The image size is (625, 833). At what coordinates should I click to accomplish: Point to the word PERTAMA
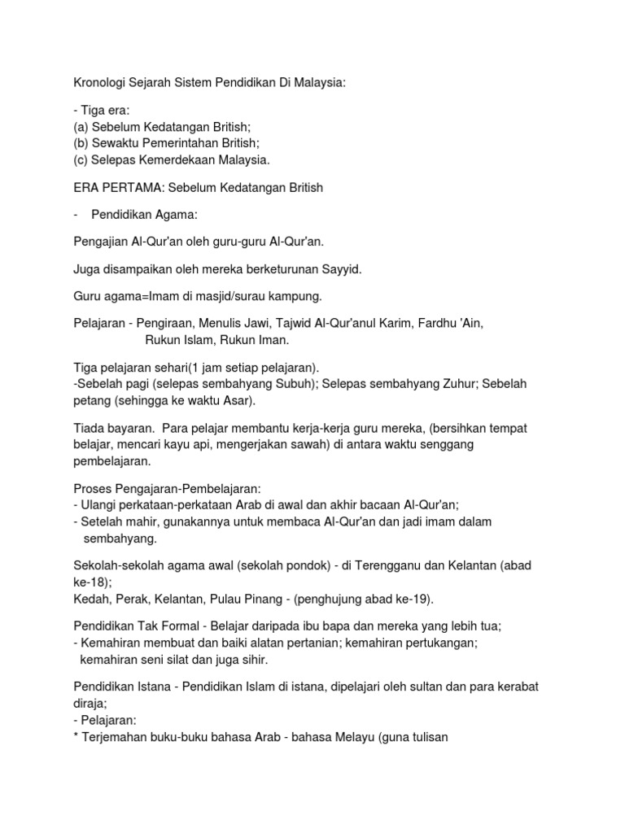click(x=130, y=188)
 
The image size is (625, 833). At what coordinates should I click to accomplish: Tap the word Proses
click(x=94, y=489)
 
